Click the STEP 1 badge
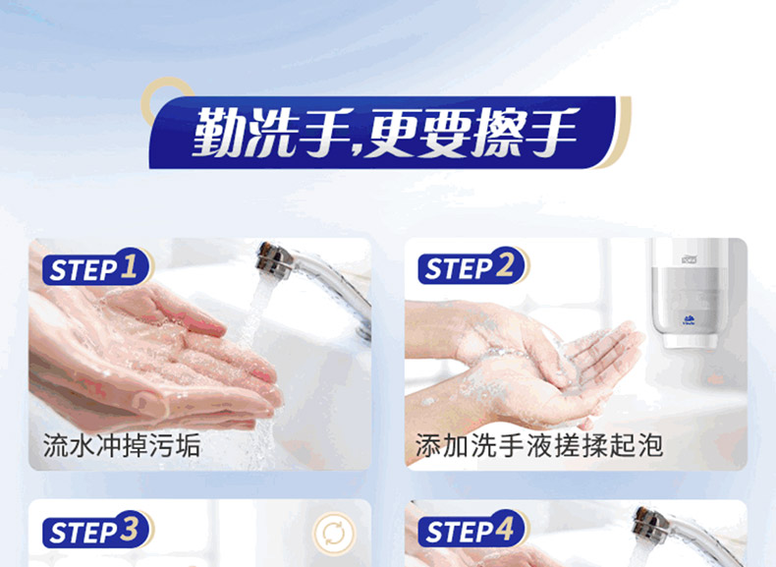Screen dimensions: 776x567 (97, 267)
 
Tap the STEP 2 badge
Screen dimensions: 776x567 (472, 266)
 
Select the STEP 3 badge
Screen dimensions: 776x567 (97, 530)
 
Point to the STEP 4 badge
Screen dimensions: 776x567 (472, 529)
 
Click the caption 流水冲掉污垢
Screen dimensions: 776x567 (122, 445)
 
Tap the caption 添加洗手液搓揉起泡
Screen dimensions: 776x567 (539, 445)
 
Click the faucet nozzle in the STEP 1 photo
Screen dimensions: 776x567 (274, 260)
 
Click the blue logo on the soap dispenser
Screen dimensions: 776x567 (689, 320)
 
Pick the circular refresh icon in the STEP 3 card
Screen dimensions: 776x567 (334, 534)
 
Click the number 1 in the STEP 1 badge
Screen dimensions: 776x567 (129, 265)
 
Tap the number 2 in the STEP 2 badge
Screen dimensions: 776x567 (505, 265)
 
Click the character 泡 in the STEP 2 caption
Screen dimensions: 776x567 (650, 445)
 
